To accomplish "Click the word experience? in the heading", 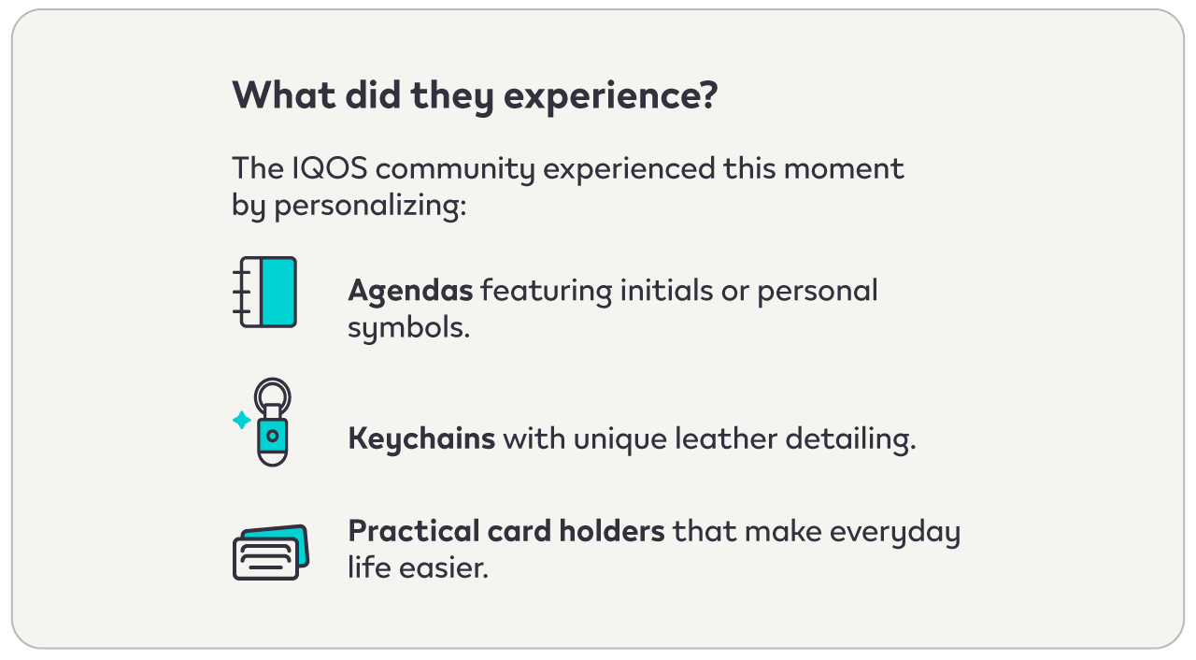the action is (x=610, y=96).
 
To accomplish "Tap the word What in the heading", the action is (x=284, y=95).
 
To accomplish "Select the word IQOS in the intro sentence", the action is (x=330, y=168).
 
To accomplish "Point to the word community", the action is (x=455, y=170).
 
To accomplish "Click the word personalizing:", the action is (x=370, y=206).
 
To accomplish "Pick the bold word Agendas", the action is (x=410, y=292).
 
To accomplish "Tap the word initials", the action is (x=666, y=290).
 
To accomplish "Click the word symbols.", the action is (x=408, y=327).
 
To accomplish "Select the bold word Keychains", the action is (x=421, y=439).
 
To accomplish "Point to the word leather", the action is (x=726, y=438).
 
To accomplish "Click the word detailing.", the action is (x=850, y=439).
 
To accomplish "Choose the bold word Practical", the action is (x=414, y=531).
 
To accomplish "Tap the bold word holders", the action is (x=612, y=531).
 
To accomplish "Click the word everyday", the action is (x=895, y=532).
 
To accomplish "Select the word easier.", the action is (x=444, y=567).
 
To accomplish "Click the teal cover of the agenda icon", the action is (x=278, y=292).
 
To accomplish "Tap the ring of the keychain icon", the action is (x=272, y=380).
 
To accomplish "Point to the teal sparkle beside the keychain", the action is (x=242, y=420).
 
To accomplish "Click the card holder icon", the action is (x=271, y=552).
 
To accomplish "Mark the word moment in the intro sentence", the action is (x=844, y=169).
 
